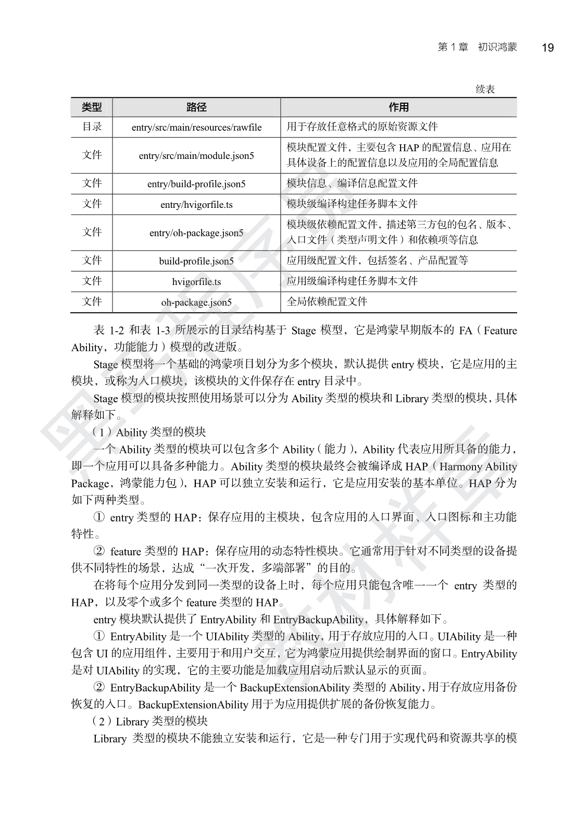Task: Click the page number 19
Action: [x=547, y=48]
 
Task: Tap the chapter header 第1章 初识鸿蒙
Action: [x=477, y=47]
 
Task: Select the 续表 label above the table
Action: [x=485, y=90]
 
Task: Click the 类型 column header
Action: [x=92, y=107]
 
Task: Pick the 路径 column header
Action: [x=196, y=107]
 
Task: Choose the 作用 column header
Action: [x=398, y=107]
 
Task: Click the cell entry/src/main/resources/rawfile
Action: [x=196, y=127]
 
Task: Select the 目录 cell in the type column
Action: [x=92, y=127]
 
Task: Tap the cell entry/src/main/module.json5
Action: [x=196, y=155]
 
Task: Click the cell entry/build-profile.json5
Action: [x=196, y=184]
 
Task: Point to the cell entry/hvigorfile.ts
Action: [x=196, y=205]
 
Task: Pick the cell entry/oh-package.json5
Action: [x=196, y=233]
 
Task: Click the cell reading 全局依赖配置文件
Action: [x=327, y=302]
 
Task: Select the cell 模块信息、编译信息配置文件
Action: [x=352, y=183]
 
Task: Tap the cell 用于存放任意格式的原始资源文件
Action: [x=362, y=127]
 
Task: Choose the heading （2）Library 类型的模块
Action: [x=149, y=722]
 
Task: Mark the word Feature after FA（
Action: [x=500, y=331]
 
